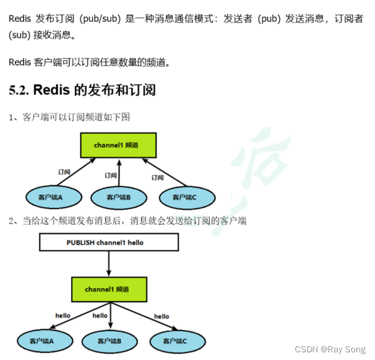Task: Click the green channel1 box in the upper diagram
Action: click(x=117, y=146)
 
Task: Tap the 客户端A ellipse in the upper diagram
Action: click(x=51, y=197)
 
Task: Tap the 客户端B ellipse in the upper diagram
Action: click(x=119, y=197)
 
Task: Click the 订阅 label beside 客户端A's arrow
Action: click(x=64, y=172)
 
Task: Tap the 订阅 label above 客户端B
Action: click(x=111, y=175)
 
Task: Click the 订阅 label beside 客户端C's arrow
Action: click(x=157, y=177)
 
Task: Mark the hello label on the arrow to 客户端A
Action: click(x=63, y=316)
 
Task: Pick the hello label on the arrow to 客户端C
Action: click(x=162, y=316)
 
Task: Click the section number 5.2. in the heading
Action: click(x=19, y=90)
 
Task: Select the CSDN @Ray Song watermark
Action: click(x=329, y=350)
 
